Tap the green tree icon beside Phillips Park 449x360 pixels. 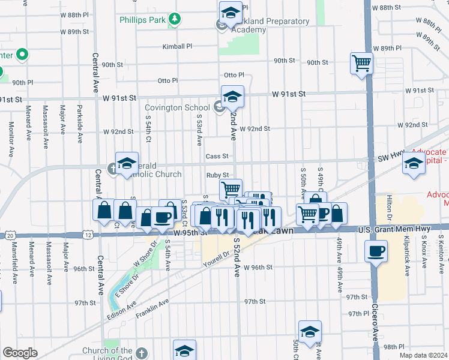[x=175, y=19]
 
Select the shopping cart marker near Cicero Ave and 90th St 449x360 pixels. [x=361, y=63]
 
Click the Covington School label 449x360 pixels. [x=179, y=108]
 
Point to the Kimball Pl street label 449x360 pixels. [x=177, y=46]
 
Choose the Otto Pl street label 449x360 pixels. [x=234, y=76]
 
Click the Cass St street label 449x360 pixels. [x=217, y=156]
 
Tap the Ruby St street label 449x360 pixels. [x=218, y=175]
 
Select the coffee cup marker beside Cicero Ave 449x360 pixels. [x=376, y=251]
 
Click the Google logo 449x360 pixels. [x=20, y=353]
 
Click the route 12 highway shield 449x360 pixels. [x=88, y=235]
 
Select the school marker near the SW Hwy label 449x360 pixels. [x=414, y=164]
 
